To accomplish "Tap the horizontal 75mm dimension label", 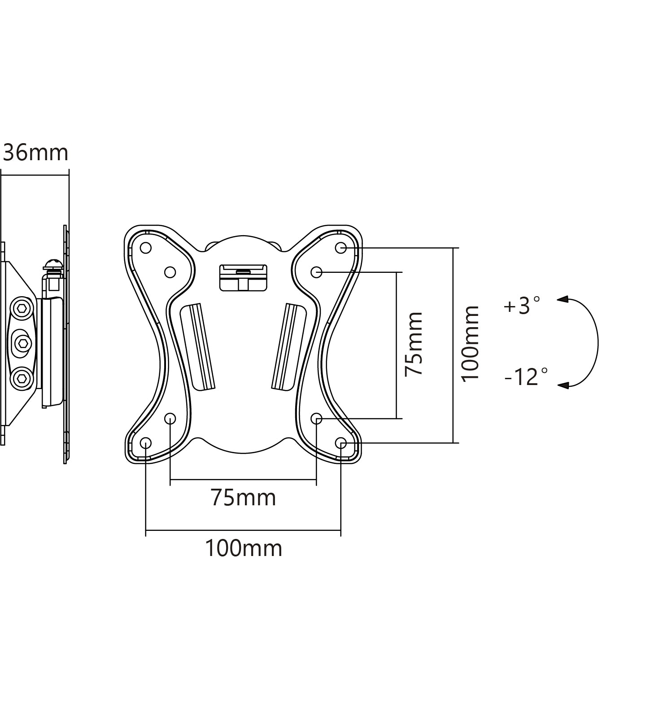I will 243,498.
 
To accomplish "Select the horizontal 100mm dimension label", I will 243,548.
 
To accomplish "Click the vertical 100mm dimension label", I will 471,344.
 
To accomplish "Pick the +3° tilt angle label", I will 522,306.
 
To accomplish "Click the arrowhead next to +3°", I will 563,299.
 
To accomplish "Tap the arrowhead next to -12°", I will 563,385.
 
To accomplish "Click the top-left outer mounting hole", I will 146,248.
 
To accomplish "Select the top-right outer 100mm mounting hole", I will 341,248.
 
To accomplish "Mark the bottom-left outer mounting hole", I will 146,443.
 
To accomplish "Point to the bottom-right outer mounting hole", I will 341,443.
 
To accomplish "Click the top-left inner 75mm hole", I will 170,272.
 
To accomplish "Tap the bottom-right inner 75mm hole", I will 316,419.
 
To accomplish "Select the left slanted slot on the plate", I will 197,346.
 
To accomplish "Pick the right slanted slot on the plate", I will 289,346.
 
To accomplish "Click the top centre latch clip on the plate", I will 243,277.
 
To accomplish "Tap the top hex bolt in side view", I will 21,309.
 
